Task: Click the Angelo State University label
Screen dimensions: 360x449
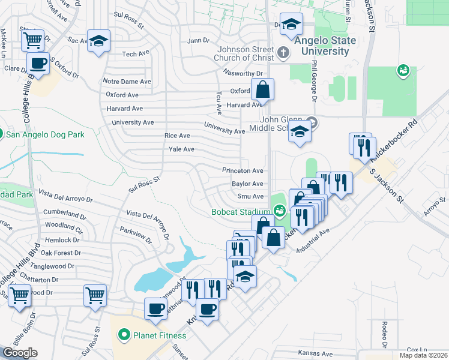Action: click(325, 46)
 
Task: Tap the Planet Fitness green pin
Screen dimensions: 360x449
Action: click(124, 334)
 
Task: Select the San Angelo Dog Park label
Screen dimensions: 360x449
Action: click(45, 134)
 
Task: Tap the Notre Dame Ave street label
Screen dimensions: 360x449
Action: click(127, 82)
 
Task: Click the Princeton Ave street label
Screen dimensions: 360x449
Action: click(243, 171)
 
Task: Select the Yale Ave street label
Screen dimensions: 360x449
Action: click(181, 149)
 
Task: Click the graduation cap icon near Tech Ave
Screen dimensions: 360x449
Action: click(98, 41)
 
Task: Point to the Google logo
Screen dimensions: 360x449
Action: click(20, 353)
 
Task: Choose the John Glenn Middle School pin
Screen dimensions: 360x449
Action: click(310, 122)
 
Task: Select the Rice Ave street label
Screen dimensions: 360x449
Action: click(177, 136)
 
